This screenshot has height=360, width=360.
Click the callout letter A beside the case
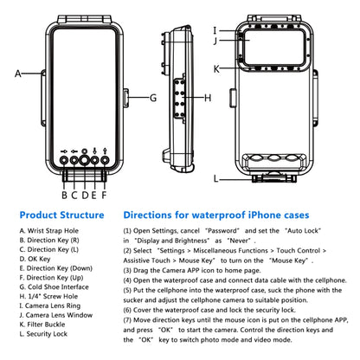pyautogui.click(x=17, y=74)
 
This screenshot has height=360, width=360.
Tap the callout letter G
pyautogui.click(x=152, y=97)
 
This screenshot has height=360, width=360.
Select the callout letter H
pyautogui.click(x=206, y=97)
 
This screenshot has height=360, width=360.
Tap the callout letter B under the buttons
pyautogui.click(x=63, y=195)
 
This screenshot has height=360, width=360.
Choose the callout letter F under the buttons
pyautogui.click(x=105, y=195)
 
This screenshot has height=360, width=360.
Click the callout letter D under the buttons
pyautogui.click(x=84, y=195)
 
